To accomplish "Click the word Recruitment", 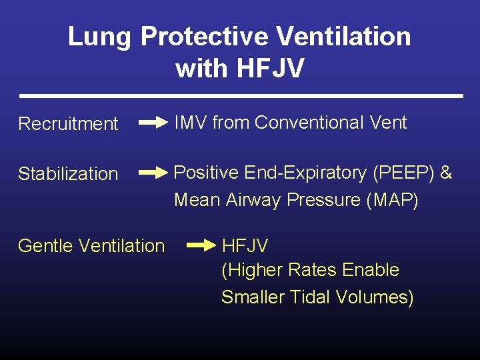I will click(68, 124).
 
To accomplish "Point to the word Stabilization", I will click(68, 174).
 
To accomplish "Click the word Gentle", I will click(46, 246).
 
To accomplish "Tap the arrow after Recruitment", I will click(153, 123).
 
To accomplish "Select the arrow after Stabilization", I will click(153, 173).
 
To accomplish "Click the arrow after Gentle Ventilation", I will click(202, 245).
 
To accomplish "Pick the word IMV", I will click(191, 123).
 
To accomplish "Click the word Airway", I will click(253, 200).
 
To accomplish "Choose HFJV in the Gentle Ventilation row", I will click(245, 246).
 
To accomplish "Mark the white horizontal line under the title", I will click(241, 96).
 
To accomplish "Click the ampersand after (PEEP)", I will click(446, 173).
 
